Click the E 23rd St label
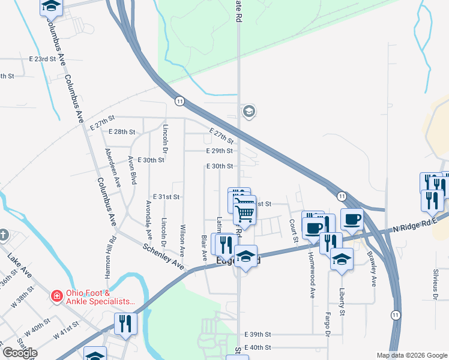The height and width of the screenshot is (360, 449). (x=42, y=60)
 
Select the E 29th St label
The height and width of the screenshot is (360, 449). (x=218, y=151)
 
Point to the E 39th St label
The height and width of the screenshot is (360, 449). (x=258, y=334)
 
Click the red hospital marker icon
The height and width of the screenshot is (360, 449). (x=56, y=296)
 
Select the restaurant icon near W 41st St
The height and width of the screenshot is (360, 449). (x=125, y=323)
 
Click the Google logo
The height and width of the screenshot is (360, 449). (x=20, y=353)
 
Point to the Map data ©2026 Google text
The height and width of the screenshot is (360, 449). (x=411, y=355)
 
